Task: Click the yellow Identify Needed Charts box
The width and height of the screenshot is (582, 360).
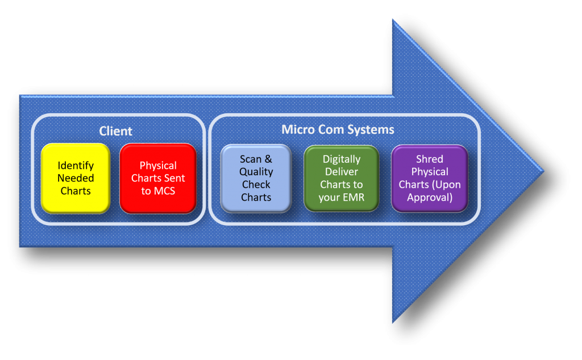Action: pyautogui.click(x=75, y=178)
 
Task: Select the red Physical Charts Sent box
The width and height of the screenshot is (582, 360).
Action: pyautogui.click(x=158, y=178)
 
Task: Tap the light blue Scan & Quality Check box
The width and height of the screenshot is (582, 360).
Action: pyautogui.click(x=256, y=179)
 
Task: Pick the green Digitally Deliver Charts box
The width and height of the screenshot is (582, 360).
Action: pyautogui.click(x=341, y=179)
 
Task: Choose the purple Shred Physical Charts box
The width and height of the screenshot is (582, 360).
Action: pyautogui.click(x=429, y=179)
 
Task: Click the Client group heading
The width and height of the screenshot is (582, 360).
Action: pyautogui.click(x=115, y=131)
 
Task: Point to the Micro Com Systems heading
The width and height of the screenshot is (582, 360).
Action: pyautogui.click(x=338, y=130)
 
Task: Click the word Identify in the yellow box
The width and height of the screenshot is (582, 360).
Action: pyautogui.click(x=76, y=165)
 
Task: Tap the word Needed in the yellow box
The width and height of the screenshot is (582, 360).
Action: pyautogui.click(x=76, y=178)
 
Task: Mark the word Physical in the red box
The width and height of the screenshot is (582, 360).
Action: pyautogui.click(x=158, y=165)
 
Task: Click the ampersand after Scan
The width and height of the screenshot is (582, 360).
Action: pyautogui.click(x=268, y=159)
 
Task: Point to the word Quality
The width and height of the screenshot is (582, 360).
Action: pyautogui.click(x=256, y=172)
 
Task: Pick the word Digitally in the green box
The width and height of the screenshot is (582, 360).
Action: pyautogui.click(x=342, y=159)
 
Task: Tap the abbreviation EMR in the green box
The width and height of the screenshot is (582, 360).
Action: pyautogui.click(x=353, y=197)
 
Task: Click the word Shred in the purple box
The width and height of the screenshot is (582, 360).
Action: pyautogui.click(x=429, y=159)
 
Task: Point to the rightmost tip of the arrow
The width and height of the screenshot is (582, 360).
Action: pyautogui.click(x=543, y=171)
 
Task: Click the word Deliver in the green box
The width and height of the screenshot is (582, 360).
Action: pyautogui.click(x=342, y=172)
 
